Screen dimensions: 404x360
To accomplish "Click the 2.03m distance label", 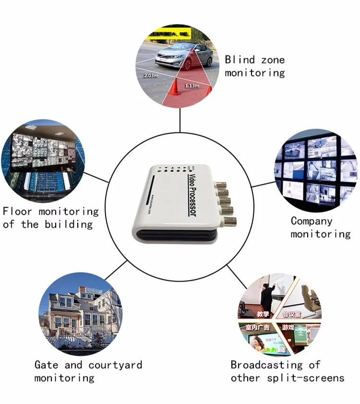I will (152, 76).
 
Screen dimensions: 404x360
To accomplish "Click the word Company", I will (312, 221).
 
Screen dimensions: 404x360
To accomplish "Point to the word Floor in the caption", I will (18, 211).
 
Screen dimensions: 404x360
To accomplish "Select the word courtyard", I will (115, 365).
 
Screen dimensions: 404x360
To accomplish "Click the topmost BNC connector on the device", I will (224, 185).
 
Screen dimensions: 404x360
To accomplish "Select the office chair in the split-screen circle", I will (307, 297).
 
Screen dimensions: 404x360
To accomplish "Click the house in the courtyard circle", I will (79, 312).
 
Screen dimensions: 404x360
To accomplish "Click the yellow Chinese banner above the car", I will (168, 34).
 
